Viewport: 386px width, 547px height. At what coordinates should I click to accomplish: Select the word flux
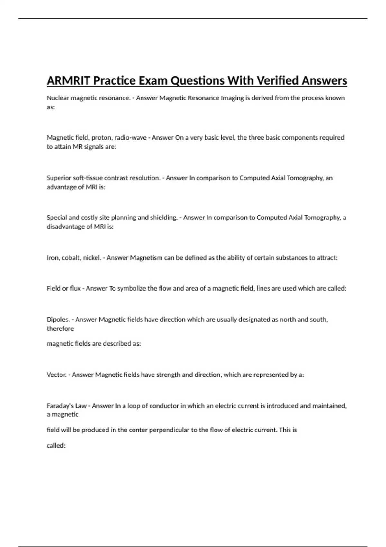point(75,288)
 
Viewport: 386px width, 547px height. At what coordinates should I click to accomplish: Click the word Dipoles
point(58,320)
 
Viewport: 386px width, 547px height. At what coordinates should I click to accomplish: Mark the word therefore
point(60,329)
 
